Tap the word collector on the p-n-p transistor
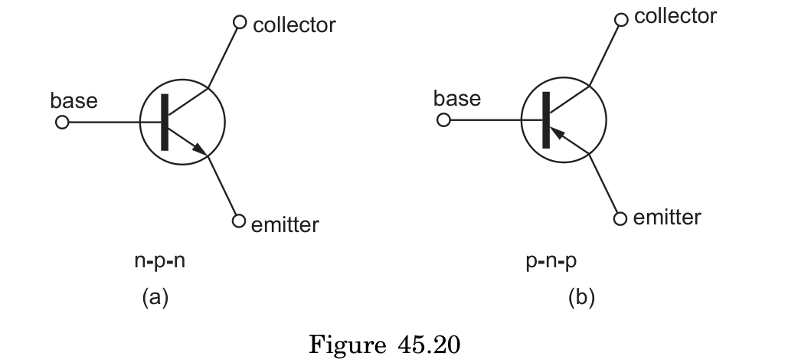(x=675, y=16)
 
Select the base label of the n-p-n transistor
(x=74, y=100)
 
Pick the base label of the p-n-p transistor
(x=456, y=98)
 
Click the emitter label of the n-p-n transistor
(x=285, y=224)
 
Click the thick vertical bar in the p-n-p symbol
(x=545, y=120)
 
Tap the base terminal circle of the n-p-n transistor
(x=62, y=123)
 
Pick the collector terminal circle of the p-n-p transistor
(x=621, y=20)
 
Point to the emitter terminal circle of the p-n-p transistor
(x=621, y=218)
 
